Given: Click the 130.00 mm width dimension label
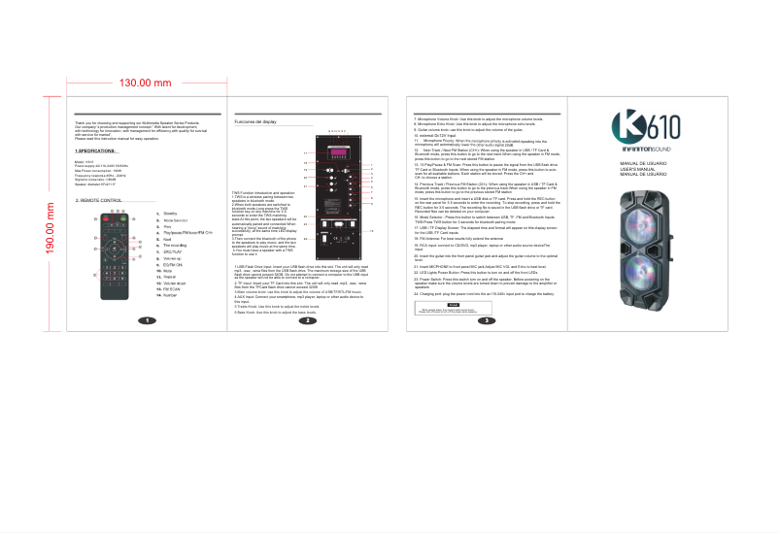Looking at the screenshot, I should [145, 83].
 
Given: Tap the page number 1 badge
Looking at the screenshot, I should [146, 320].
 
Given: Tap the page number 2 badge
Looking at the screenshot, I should [307, 320].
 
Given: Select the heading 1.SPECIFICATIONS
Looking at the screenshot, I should [95, 151].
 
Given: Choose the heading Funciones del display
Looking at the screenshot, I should [256, 121].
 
